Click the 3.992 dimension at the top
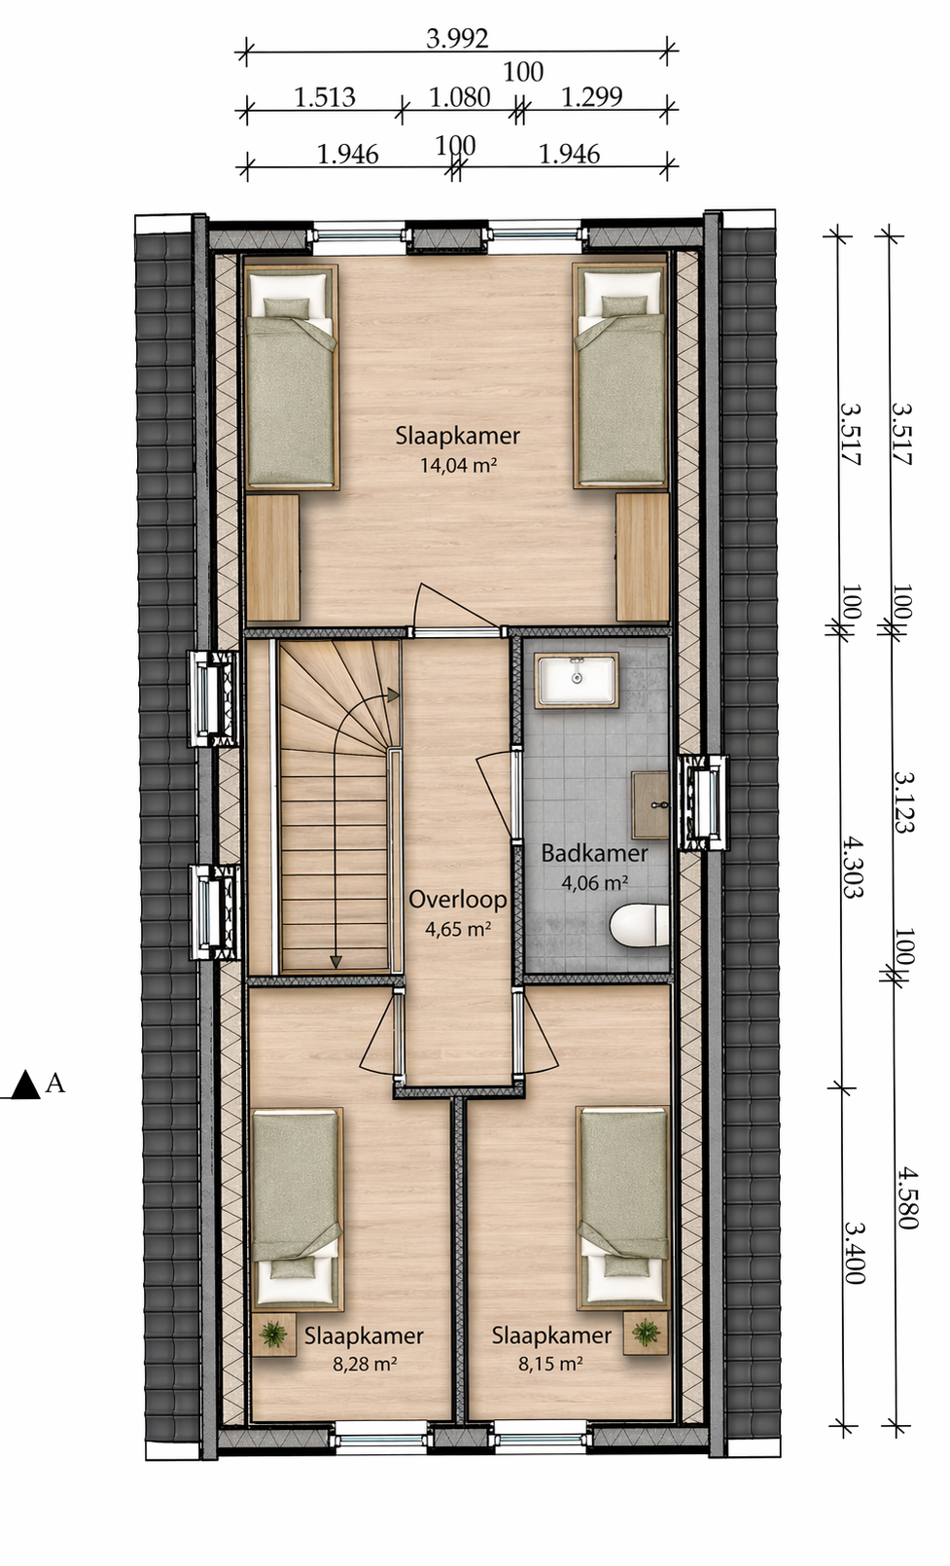click(x=457, y=39)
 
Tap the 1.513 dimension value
click(x=325, y=96)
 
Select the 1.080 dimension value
click(x=459, y=96)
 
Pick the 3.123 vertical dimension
click(x=904, y=801)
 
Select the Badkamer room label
click(x=594, y=854)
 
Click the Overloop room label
click(x=457, y=899)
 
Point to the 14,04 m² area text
click(x=458, y=464)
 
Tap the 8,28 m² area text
click(x=365, y=1364)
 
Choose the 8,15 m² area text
click(x=551, y=1364)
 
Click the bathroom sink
click(x=577, y=680)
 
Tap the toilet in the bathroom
click(x=639, y=926)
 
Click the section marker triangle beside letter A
click(x=26, y=1085)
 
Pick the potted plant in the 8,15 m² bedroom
click(x=646, y=1333)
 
